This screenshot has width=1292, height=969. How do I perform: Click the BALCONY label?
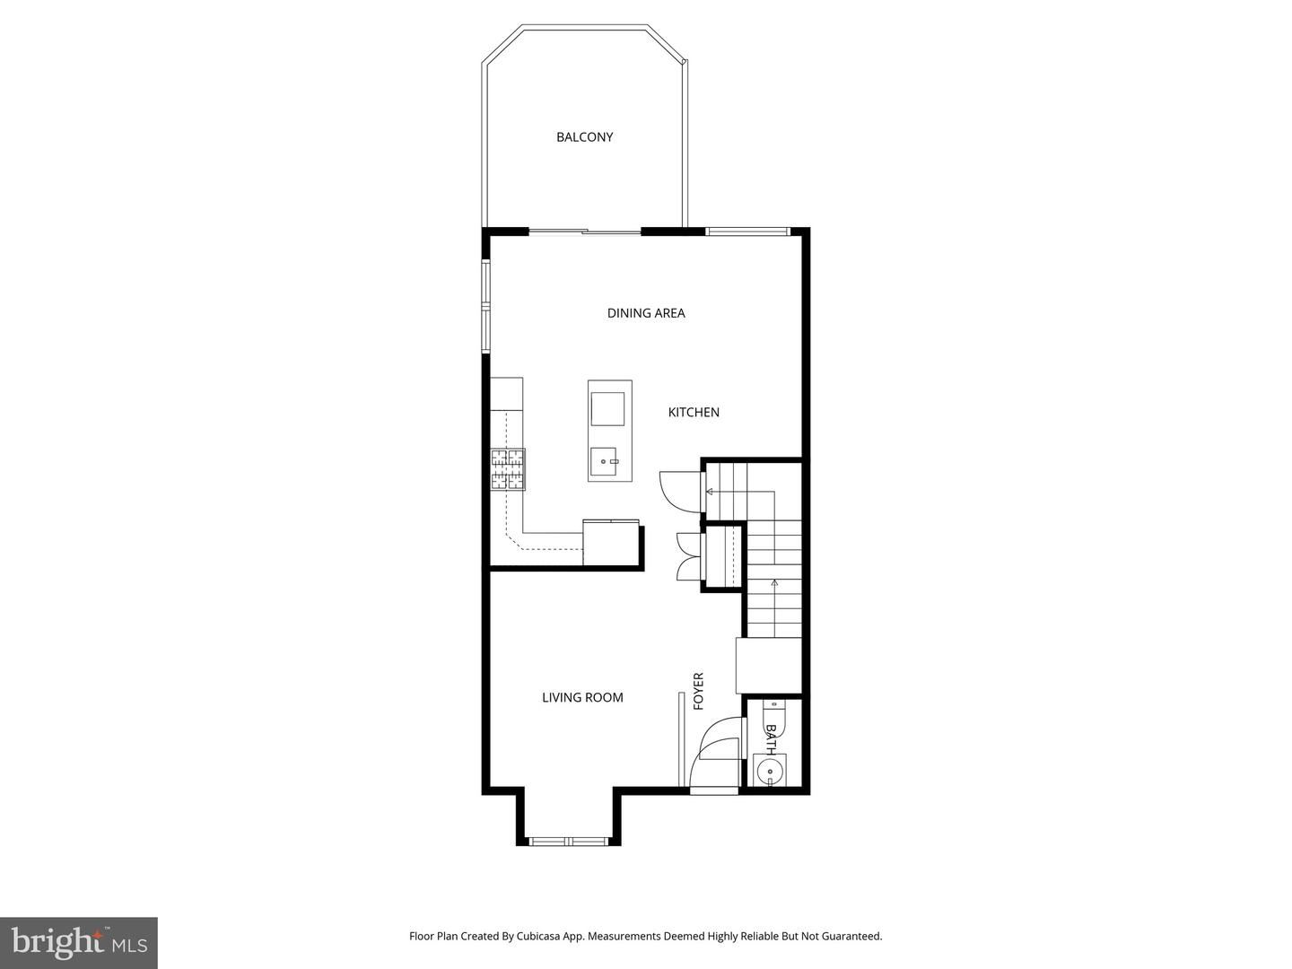584,137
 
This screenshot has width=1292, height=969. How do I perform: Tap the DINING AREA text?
646,313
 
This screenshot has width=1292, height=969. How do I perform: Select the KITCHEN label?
694,413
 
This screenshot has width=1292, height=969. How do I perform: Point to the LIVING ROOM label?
582,697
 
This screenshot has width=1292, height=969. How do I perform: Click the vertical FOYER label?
699,691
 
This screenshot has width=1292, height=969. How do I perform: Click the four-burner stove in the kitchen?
507,469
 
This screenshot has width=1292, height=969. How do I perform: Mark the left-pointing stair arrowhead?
710,492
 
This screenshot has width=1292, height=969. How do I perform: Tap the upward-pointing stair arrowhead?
774,583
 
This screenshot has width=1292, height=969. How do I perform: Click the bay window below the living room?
568,842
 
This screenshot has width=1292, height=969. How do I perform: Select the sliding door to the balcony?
584,232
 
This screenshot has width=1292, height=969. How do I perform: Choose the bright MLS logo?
79,942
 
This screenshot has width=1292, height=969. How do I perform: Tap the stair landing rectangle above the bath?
768,665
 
